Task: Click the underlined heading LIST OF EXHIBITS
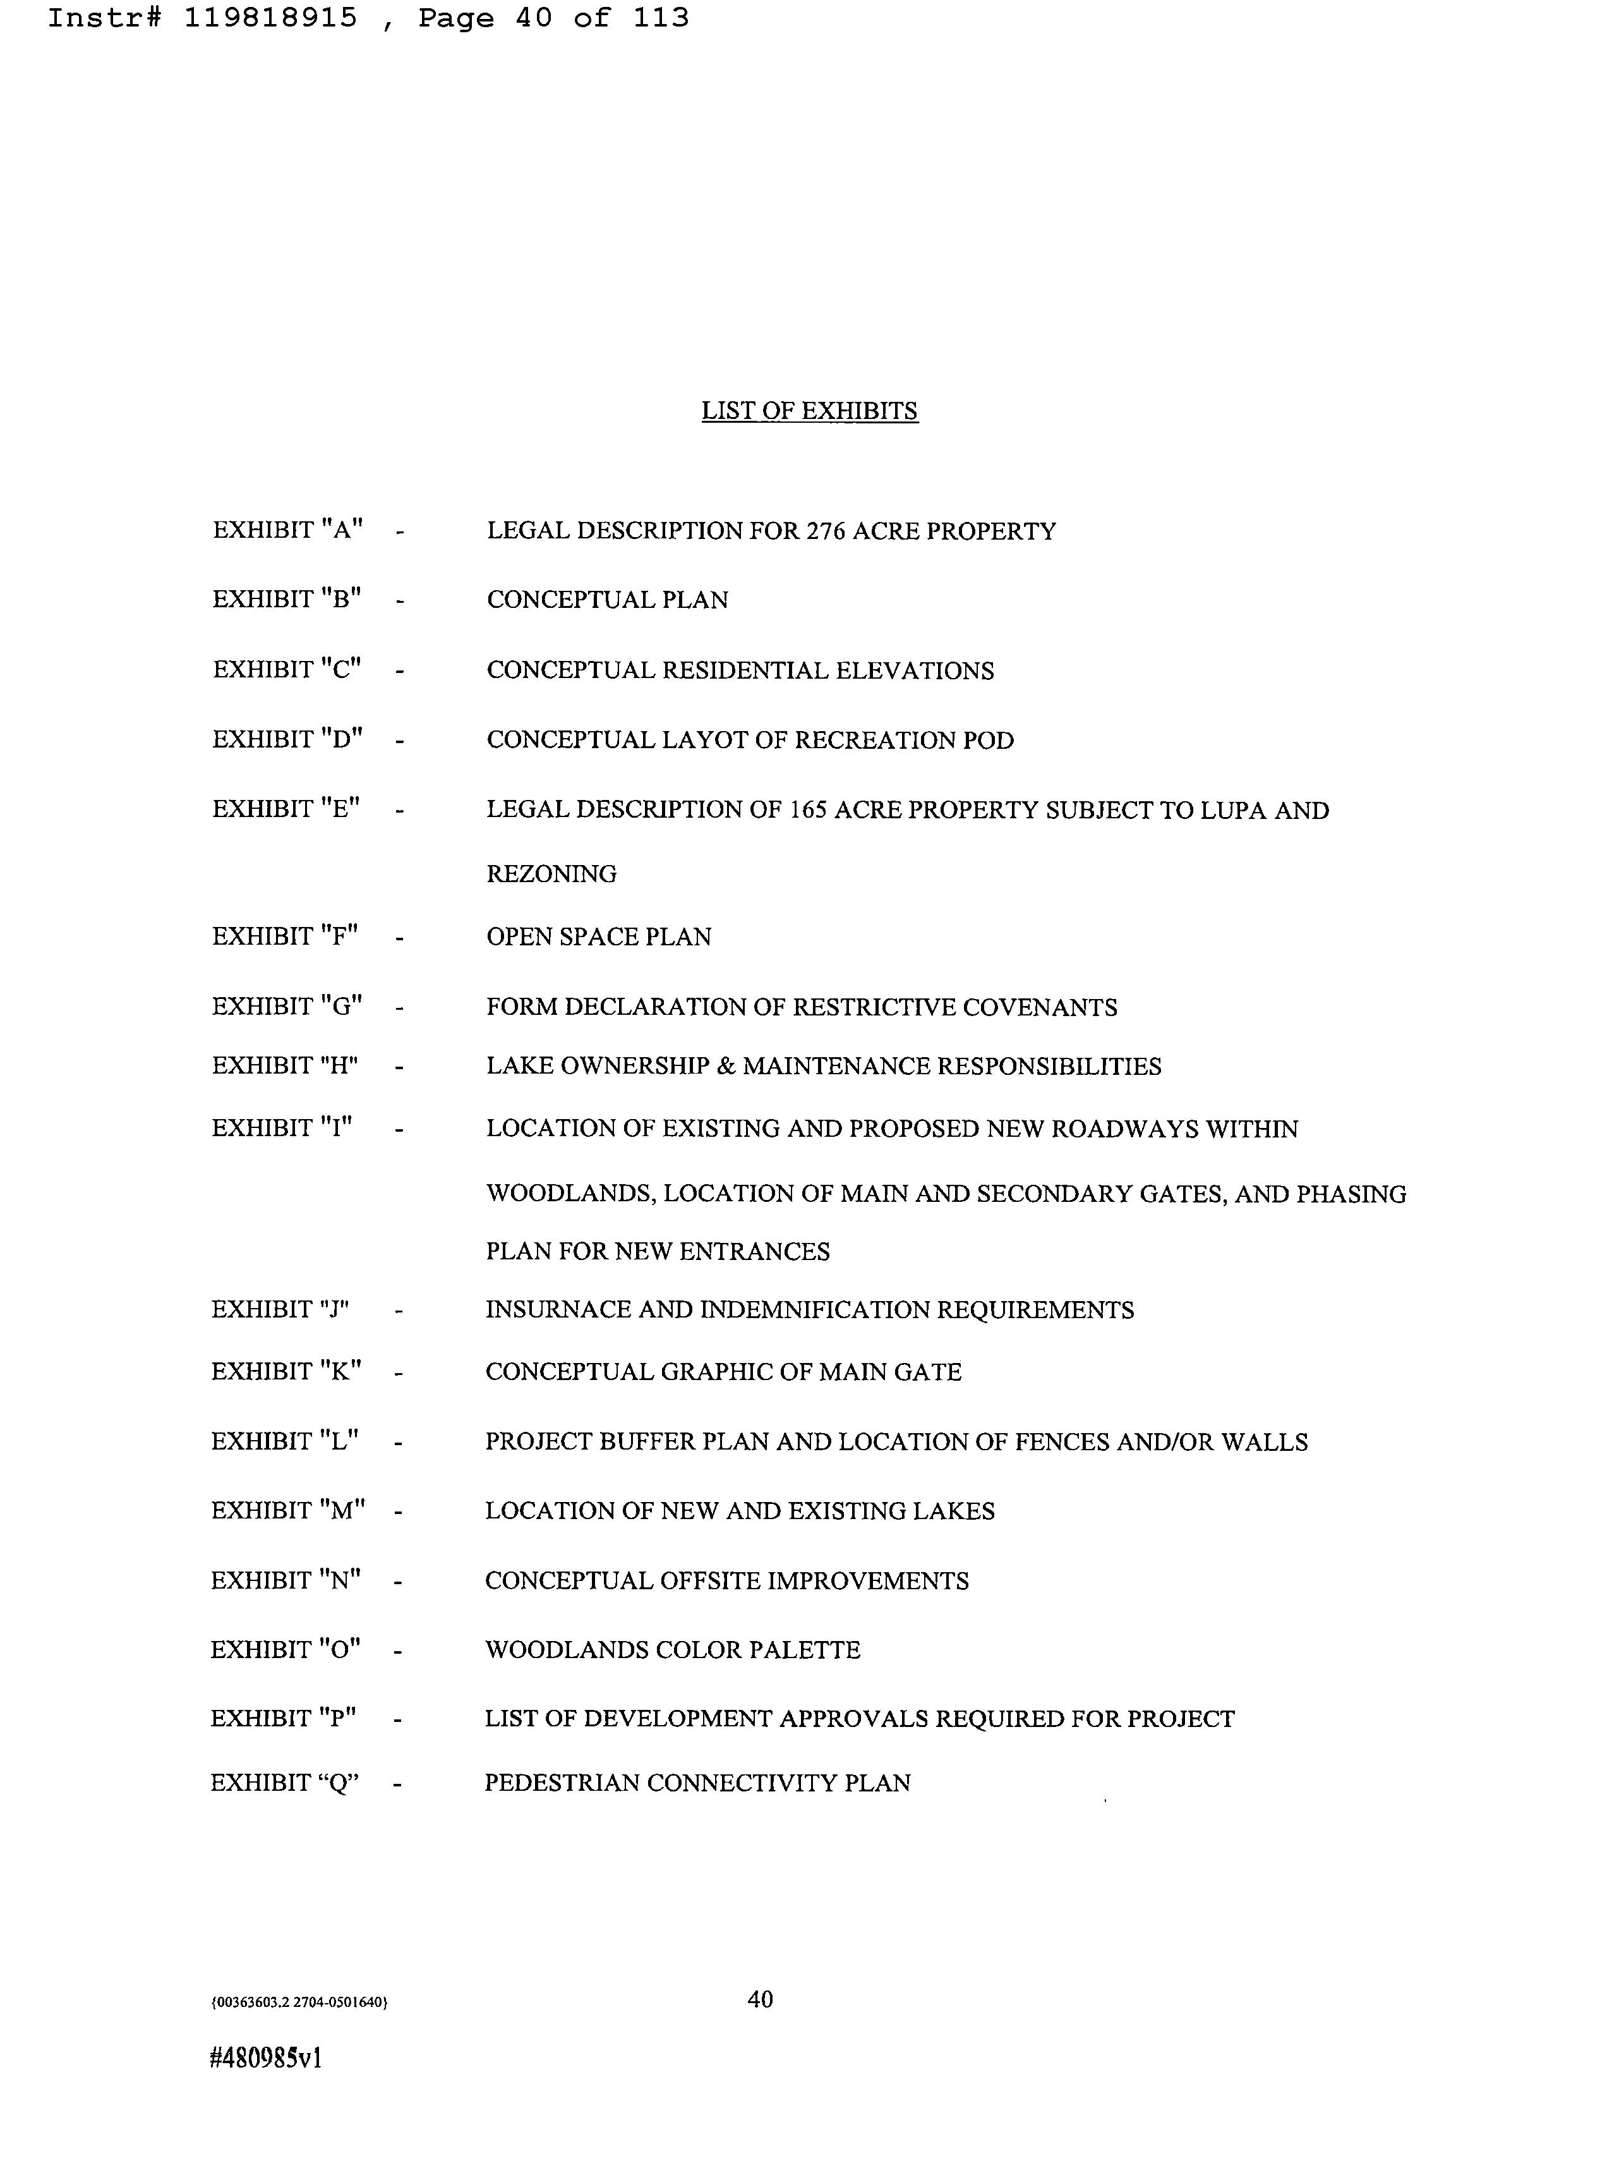(810, 411)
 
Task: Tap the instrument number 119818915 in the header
(270, 18)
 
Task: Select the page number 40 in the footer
(761, 1999)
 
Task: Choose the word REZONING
(551, 873)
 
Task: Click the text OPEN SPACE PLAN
(599, 937)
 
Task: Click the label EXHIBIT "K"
(286, 1371)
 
